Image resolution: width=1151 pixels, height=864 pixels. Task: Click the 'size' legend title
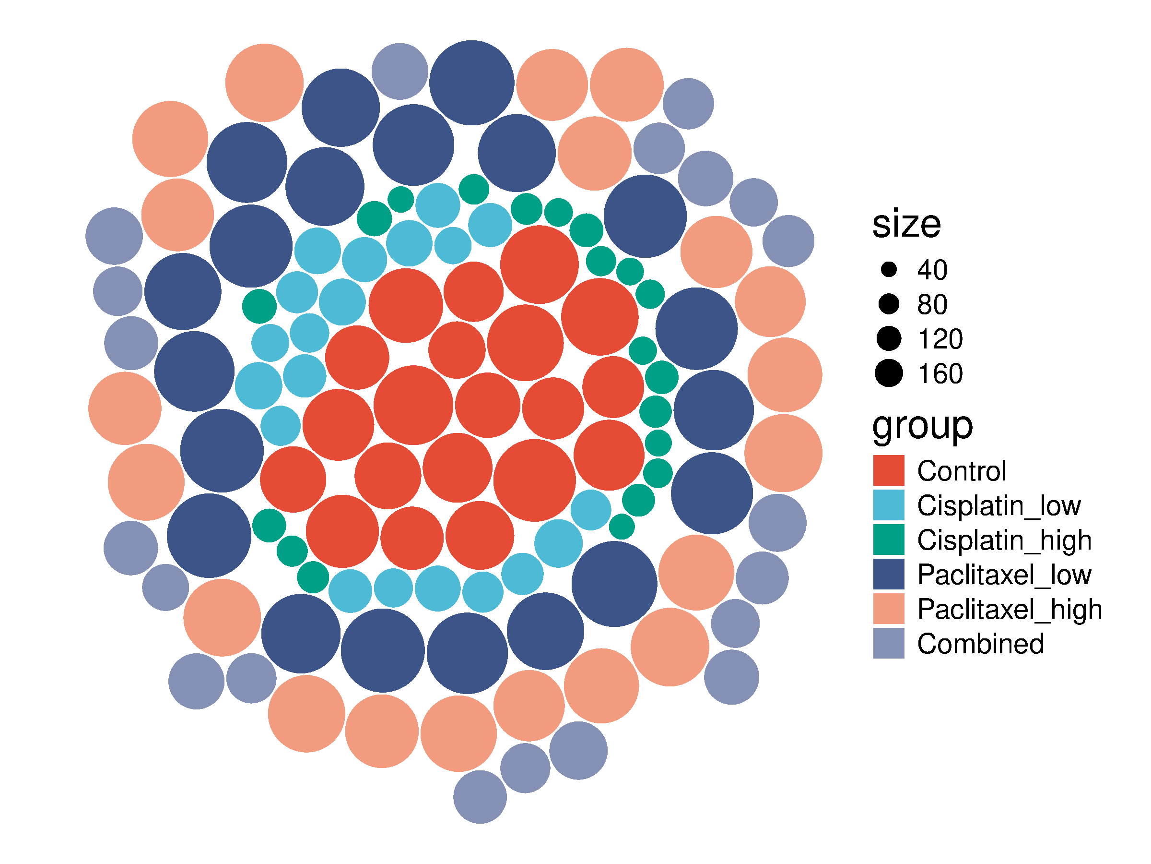906,225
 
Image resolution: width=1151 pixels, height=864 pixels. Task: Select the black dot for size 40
889,269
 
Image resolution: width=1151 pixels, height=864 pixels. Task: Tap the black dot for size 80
889,304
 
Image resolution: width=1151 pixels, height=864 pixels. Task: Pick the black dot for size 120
889,338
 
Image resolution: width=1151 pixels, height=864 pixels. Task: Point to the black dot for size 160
889,373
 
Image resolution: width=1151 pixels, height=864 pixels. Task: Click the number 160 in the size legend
940,374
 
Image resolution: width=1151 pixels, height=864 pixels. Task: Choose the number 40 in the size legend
932,270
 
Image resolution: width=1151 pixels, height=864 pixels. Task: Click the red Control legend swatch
889,471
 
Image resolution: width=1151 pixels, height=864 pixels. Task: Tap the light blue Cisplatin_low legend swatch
889,505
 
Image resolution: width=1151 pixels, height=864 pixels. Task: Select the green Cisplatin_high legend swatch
889,540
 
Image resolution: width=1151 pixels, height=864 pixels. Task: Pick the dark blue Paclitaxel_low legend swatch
889,575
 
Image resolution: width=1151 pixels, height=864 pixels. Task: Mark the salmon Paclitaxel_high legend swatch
889,609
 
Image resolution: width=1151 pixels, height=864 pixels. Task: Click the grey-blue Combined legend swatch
889,644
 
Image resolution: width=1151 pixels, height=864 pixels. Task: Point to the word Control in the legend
962,471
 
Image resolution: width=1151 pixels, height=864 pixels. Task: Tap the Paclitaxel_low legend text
1004,575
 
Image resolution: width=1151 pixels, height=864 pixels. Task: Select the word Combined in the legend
981,644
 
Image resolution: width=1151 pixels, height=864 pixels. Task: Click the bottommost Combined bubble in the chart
480,797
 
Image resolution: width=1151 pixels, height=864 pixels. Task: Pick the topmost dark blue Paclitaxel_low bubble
472,83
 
